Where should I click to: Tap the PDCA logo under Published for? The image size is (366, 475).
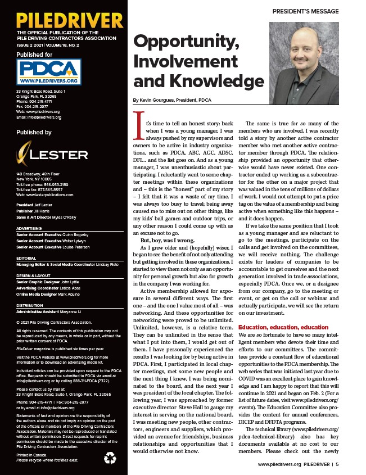point(49,71)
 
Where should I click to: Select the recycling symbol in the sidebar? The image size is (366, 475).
point(110,458)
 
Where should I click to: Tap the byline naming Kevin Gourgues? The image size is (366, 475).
point(172,99)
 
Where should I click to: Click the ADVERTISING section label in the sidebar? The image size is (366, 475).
point(31,229)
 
